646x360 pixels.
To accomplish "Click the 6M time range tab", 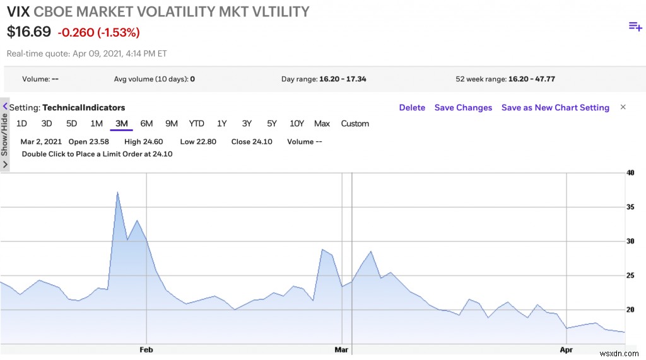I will point(146,124).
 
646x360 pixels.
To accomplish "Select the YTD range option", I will point(196,124).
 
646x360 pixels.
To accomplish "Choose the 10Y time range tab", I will point(297,124).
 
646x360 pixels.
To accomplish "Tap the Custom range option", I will point(355,124).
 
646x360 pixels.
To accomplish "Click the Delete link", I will point(412,108).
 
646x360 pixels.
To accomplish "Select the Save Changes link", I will point(463,108).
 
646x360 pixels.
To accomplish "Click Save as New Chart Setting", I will point(555,108).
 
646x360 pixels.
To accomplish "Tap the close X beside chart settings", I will point(623,107).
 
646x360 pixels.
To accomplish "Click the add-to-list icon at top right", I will point(635,26).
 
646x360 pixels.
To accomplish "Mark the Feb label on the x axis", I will point(146,349).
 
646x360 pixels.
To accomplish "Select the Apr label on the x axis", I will point(567,349).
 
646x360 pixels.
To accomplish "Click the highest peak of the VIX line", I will point(117,192).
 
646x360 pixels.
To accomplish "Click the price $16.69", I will point(29,32).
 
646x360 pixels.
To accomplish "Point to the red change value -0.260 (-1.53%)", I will point(98,32).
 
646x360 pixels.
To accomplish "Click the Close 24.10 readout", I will point(252,142).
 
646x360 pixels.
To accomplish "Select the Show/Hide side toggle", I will point(5,134).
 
